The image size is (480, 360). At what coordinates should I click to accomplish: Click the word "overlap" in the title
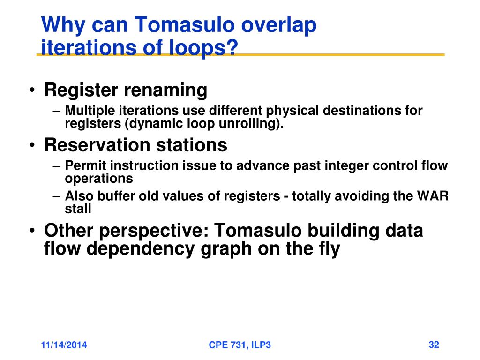278,25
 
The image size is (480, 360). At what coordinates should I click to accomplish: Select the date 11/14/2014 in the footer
64,345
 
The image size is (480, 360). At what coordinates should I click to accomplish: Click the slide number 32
434,345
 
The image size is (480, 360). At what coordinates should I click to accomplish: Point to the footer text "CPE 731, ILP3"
240,345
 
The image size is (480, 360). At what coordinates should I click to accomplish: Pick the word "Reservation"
97,145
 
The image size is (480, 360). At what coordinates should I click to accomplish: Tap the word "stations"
192,145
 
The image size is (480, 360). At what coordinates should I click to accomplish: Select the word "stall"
78,209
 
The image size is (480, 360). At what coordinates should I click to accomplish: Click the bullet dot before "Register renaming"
32,90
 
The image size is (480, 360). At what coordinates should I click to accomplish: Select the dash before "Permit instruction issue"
57,166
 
